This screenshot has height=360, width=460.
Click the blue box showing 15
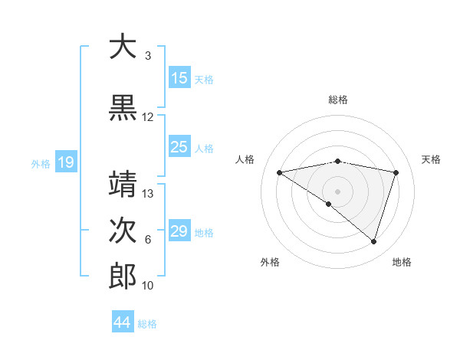point(179,78)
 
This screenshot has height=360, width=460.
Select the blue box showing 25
point(179,147)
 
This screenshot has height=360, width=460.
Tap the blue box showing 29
point(179,231)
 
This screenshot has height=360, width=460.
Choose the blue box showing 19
point(65,162)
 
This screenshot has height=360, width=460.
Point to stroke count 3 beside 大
point(147,56)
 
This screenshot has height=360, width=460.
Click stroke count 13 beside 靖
point(148,193)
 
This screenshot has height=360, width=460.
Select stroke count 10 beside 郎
point(148,285)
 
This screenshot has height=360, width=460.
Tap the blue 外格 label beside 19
point(41,163)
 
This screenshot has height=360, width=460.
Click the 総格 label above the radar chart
point(338,100)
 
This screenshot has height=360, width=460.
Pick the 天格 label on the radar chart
point(431,159)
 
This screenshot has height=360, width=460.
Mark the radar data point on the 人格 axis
point(280,172)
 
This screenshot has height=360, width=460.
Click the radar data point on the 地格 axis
point(373,241)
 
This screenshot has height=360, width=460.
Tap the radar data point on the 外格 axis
point(329,204)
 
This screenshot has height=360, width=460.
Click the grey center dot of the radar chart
point(337,191)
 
